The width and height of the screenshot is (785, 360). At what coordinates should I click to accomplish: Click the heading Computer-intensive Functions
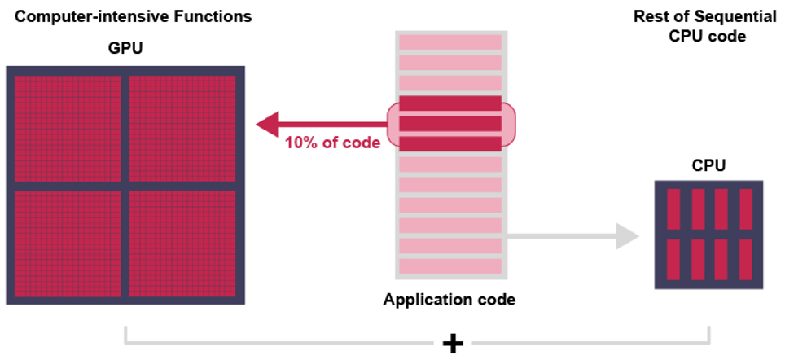(128, 16)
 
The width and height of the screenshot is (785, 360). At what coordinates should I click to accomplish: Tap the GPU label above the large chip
(125, 48)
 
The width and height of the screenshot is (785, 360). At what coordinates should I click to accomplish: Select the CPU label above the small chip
(708, 166)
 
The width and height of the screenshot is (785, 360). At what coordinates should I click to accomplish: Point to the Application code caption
(450, 300)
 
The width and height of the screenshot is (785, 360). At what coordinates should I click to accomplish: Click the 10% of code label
(332, 143)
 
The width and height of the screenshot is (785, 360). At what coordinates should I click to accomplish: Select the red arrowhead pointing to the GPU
(267, 125)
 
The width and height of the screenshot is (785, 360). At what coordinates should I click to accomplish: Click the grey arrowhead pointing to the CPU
(626, 236)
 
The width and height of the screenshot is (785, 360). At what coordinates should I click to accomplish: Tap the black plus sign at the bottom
(453, 343)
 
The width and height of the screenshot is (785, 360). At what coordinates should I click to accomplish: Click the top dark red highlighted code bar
(450, 103)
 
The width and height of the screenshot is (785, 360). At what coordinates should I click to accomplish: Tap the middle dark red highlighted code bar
(450, 124)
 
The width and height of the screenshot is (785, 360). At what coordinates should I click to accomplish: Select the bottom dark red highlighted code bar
(450, 144)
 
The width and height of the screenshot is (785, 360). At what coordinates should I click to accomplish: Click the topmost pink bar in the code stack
(450, 42)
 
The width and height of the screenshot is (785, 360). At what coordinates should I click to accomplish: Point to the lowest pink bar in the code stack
(450, 266)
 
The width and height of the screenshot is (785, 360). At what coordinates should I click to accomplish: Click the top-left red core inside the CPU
(673, 209)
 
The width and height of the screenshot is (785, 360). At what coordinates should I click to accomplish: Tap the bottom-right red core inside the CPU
(746, 258)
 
